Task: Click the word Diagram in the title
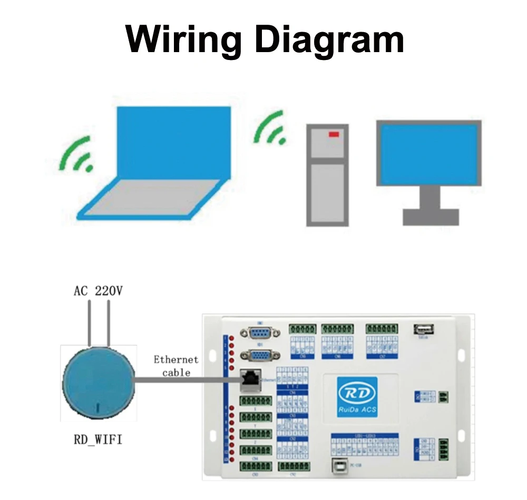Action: click(x=326, y=39)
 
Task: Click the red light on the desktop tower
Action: click(x=334, y=135)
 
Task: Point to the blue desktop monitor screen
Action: click(x=428, y=153)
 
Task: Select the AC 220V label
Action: click(x=99, y=291)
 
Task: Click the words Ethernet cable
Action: click(x=175, y=366)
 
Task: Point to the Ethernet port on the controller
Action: click(x=250, y=379)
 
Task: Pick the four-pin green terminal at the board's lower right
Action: click(x=443, y=450)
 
